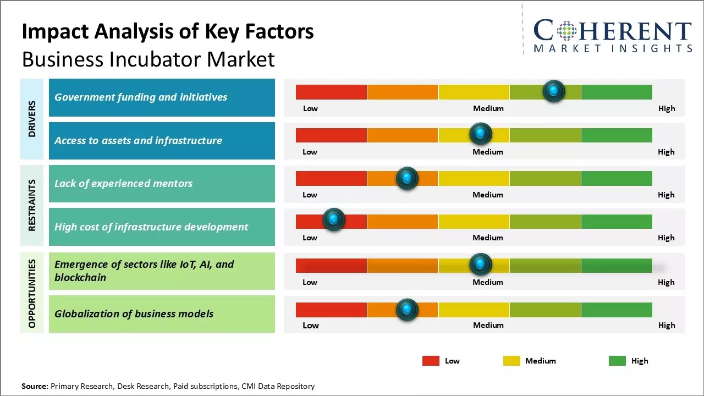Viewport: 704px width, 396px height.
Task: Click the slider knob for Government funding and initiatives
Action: tap(554, 91)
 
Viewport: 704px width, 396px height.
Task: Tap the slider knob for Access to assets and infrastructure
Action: tap(481, 134)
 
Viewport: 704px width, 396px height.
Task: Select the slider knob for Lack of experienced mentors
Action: tap(407, 178)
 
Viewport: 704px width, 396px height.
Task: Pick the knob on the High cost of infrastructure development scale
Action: tap(333, 220)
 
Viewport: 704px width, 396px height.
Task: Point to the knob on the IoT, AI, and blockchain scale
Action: tap(481, 265)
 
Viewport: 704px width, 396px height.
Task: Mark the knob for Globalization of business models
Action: tap(407, 310)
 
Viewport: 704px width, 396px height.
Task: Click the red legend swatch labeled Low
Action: tap(431, 361)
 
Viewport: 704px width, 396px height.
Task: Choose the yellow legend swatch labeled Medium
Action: tap(512, 361)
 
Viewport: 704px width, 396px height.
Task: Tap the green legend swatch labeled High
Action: tap(617, 361)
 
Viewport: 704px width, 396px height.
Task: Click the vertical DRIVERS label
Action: tap(32, 119)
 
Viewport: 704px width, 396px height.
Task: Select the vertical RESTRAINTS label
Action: tap(32, 205)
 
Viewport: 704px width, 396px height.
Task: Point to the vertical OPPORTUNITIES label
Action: tap(32, 293)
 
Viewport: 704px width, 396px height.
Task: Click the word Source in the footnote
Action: tap(35, 386)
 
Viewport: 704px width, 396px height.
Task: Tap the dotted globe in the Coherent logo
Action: tap(566, 31)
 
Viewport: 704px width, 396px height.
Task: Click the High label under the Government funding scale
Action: tap(667, 108)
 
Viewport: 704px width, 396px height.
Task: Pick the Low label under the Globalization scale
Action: tap(311, 325)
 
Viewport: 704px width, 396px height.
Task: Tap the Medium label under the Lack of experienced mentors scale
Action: tap(488, 195)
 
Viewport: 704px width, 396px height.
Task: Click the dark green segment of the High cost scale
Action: tap(617, 221)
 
